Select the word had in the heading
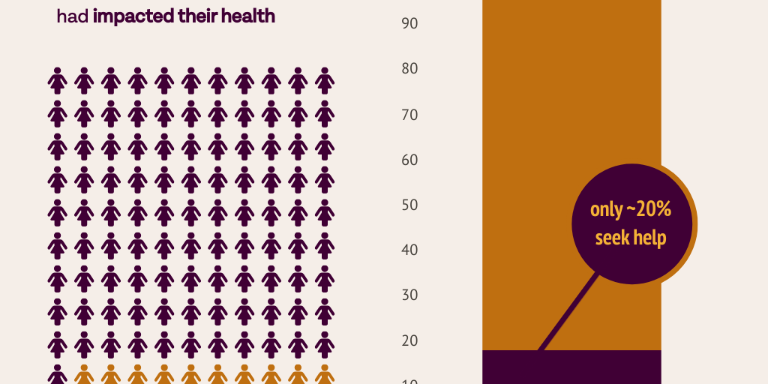[x=73, y=16]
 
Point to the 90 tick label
[x=409, y=24]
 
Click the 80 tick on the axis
[x=409, y=69]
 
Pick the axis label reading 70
[x=409, y=115]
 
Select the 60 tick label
[x=409, y=160]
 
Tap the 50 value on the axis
[x=409, y=205]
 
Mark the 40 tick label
[x=409, y=250]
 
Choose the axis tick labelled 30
[x=409, y=295]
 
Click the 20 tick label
[x=409, y=340]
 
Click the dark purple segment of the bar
[x=571, y=367]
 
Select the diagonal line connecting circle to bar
[x=568, y=312]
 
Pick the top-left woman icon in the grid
[x=58, y=80]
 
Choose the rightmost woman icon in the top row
[x=324, y=80]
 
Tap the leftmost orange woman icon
[x=84, y=375]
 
